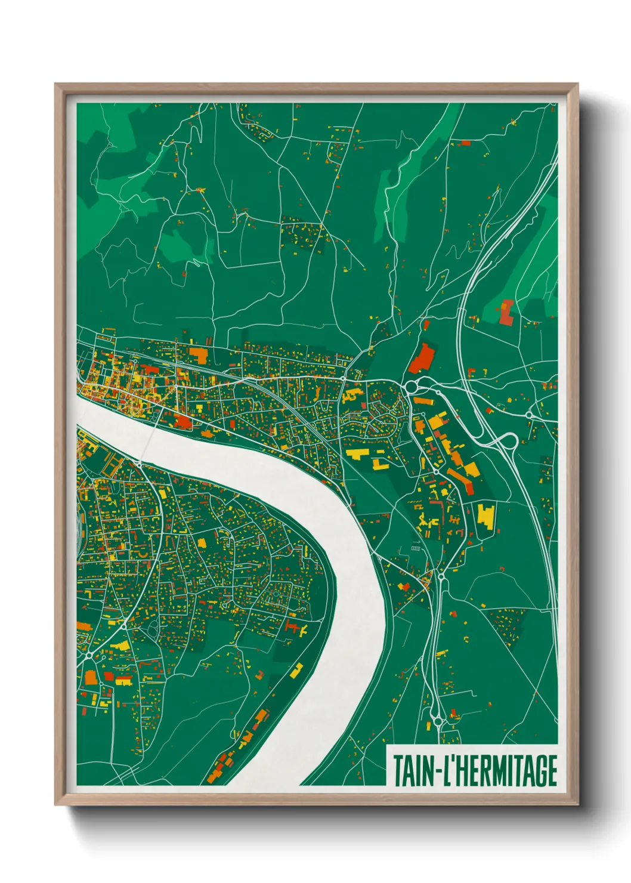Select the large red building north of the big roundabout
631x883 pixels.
(422, 357)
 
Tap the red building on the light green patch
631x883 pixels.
(506, 313)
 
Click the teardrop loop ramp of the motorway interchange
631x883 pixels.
(509, 441)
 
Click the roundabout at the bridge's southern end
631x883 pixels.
(138, 463)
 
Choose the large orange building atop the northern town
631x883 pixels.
(198, 356)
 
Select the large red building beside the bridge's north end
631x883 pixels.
(183, 422)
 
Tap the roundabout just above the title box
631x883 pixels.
(438, 721)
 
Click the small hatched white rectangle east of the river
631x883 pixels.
(416, 548)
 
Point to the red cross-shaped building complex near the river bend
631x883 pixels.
(293, 628)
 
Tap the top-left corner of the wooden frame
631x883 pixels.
(55, 84)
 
